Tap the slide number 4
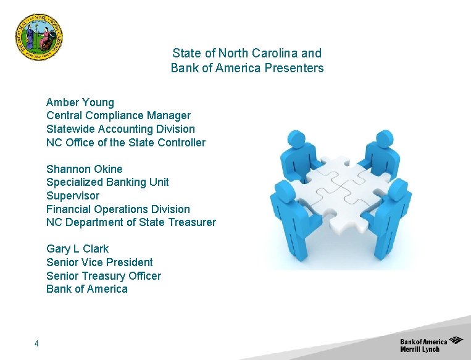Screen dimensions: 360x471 37,343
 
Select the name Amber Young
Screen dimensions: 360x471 80,102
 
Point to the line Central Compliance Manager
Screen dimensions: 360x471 119,115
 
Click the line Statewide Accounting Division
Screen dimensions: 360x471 120,129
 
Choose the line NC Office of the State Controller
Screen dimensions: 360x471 126,143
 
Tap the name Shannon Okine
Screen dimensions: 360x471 85,169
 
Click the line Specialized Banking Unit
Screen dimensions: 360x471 107,182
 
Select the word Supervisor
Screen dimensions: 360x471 73,196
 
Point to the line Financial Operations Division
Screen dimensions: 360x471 118,209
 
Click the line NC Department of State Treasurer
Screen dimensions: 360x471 131,222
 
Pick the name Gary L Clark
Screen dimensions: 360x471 77,249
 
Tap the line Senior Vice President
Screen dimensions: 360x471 99,262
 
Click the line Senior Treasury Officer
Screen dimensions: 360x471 104,276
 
